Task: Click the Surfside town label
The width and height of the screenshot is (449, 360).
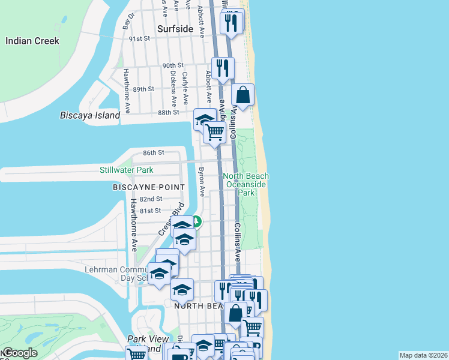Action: (x=175, y=29)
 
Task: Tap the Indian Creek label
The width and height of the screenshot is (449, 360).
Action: (x=32, y=41)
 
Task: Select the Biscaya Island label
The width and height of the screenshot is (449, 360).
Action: (x=90, y=115)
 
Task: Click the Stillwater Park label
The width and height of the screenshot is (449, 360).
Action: (x=127, y=170)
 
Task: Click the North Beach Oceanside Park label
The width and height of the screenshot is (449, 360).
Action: (x=246, y=184)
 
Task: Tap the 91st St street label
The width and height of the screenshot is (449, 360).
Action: (x=140, y=38)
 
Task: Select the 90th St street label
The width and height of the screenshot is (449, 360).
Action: (x=172, y=65)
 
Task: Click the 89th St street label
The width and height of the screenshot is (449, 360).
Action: (x=144, y=89)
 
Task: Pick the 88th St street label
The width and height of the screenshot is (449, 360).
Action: (x=169, y=112)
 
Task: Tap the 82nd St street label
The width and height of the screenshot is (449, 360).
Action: (x=151, y=199)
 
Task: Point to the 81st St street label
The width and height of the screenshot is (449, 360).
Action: (x=150, y=211)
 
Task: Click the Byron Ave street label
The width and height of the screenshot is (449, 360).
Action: (x=202, y=182)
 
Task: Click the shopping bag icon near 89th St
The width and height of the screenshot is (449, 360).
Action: (x=243, y=95)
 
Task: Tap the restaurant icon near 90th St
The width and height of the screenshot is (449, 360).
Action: (x=223, y=68)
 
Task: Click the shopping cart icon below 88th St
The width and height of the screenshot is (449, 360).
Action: (x=214, y=131)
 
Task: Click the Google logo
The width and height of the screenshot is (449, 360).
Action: (x=20, y=353)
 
